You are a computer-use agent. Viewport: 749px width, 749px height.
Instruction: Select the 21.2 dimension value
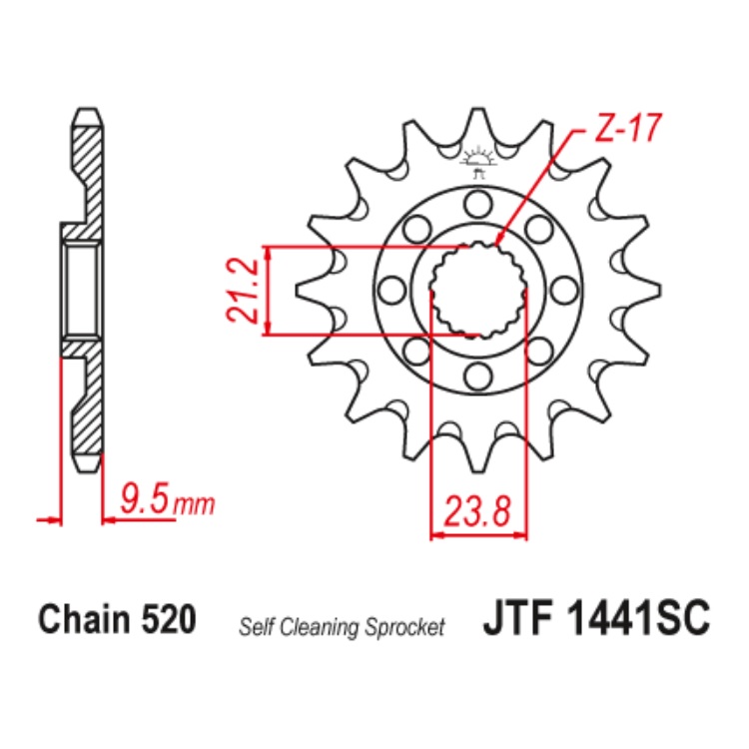point(243,290)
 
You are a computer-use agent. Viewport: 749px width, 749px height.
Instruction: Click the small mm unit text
point(195,503)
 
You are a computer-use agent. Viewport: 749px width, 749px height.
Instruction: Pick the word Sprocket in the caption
point(404,627)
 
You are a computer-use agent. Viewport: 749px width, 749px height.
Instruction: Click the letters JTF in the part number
point(520,617)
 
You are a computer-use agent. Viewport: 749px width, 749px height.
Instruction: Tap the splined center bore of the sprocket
point(478,290)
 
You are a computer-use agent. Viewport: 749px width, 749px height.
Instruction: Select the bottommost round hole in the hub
point(478,375)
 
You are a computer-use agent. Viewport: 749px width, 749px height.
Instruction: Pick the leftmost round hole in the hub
point(392,290)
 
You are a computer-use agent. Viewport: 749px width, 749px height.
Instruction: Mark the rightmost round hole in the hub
point(564,290)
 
